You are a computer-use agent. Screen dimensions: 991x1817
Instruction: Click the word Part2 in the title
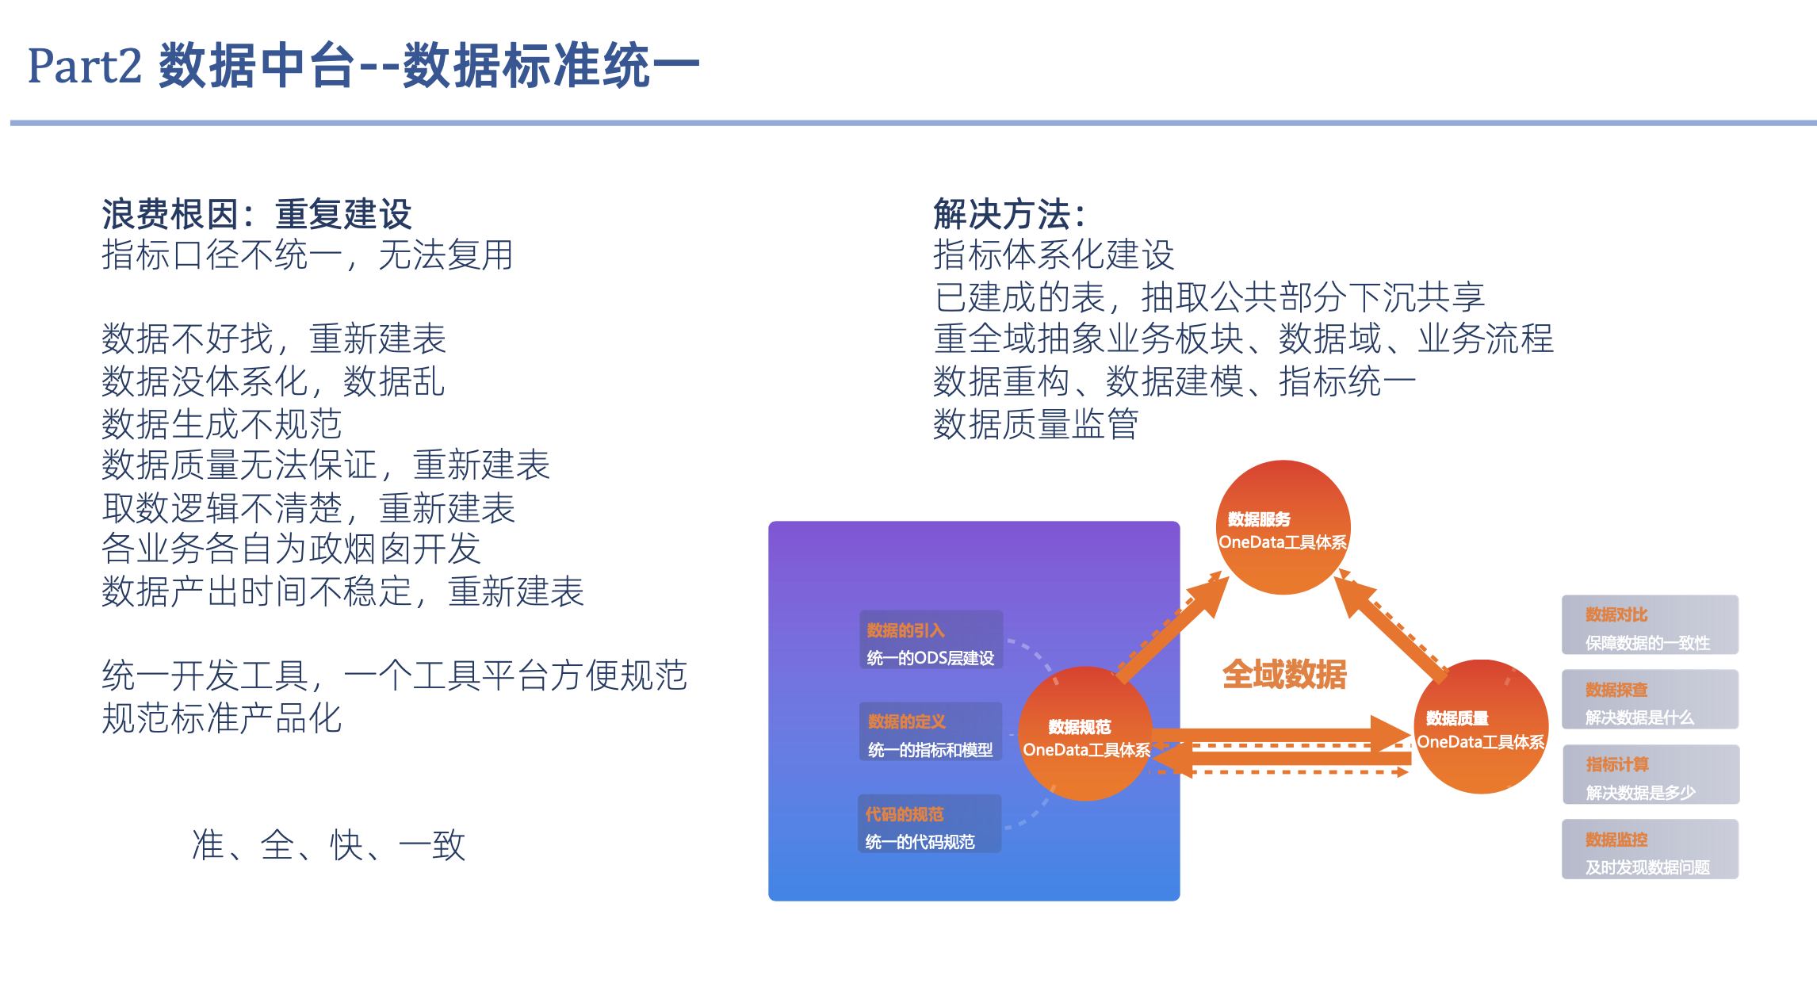point(84,66)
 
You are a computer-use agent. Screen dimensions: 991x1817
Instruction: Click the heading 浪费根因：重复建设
point(256,214)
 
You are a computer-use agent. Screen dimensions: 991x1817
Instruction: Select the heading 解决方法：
point(1008,214)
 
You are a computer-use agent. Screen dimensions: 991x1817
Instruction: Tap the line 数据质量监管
point(1035,424)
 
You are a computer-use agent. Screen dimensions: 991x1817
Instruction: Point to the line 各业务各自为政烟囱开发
point(291,549)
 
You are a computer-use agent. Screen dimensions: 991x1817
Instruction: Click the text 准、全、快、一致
point(327,845)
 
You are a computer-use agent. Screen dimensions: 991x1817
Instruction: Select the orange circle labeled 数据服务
point(1283,528)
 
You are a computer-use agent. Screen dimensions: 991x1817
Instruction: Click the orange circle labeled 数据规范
point(1085,734)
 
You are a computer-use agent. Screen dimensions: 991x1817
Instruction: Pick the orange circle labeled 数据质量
point(1481,727)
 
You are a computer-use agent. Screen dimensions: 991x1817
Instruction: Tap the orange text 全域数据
point(1284,675)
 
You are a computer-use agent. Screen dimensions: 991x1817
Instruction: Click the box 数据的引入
point(931,641)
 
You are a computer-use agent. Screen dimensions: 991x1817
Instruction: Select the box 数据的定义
point(931,732)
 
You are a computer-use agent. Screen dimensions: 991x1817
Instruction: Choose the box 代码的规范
point(929,825)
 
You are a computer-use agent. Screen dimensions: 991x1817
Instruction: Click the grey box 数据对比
point(1650,625)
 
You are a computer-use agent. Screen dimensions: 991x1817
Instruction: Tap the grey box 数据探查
point(1650,700)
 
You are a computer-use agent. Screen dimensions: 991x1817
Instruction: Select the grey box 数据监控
point(1650,850)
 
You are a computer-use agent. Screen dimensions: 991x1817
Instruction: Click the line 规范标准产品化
point(221,719)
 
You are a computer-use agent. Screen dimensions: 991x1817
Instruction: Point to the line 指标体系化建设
point(1053,255)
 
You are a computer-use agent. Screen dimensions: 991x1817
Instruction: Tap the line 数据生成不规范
point(221,424)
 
